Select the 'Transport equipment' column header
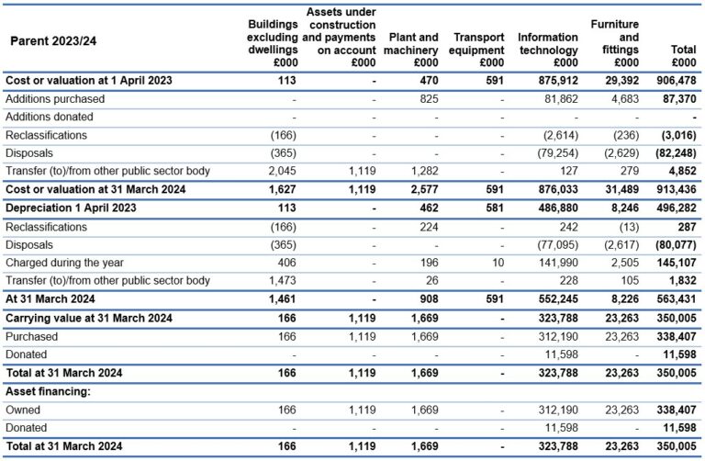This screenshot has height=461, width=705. pyautogui.click(x=478, y=50)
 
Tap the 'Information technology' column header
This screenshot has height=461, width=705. pyautogui.click(x=548, y=50)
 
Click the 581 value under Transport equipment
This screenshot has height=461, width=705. pyautogui.click(x=494, y=208)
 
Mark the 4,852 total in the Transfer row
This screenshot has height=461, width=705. pyautogui.click(x=680, y=171)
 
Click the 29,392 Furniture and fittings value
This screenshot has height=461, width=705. pyautogui.click(x=620, y=80)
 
